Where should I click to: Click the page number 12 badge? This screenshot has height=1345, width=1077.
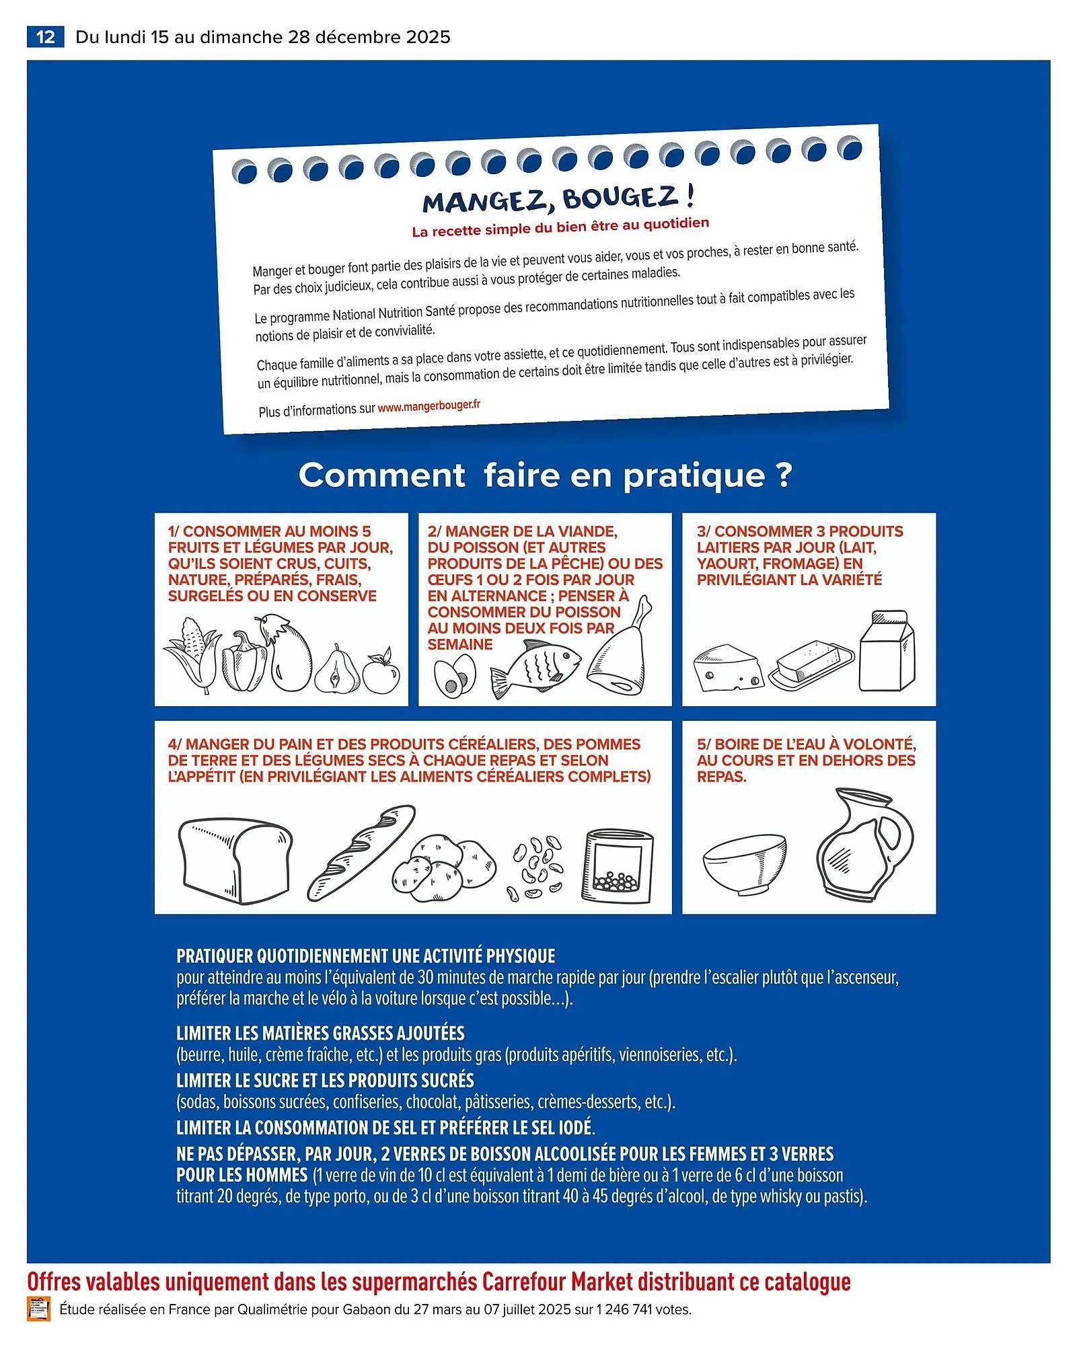coord(45,36)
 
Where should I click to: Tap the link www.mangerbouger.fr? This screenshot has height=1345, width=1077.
coord(429,406)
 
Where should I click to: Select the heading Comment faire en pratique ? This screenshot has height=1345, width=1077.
coord(545,475)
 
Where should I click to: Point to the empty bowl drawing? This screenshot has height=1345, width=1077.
coord(745,864)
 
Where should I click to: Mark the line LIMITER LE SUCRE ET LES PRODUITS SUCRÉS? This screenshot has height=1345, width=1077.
coord(325,1080)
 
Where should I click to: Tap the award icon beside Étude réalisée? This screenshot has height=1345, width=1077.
coord(38,1310)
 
